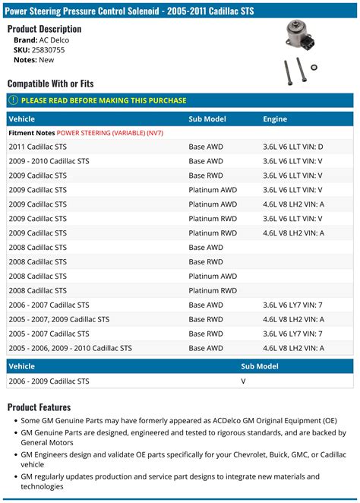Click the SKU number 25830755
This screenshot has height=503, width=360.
pyautogui.click(x=48, y=49)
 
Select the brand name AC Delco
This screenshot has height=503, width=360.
pyautogui.click(x=58, y=40)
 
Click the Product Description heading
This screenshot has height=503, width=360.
pyautogui.click(x=44, y=29)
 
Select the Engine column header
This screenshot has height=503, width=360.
pyautogui.click(x=275, y=119)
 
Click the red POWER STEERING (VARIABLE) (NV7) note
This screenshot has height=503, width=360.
pyautogui.click(x=110, y=133)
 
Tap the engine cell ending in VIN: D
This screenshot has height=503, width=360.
pyautogui.click(x=292, y=147)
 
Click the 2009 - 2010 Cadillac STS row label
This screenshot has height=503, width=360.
pyautogui.click(x=48, y=161)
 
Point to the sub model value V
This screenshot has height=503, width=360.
pyautogui.click(x=243, y=381)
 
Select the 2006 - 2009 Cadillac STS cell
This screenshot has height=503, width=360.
pyautogui.click(x=48, y=381)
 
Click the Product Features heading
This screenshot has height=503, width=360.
pyautogui.click(x=39, y=407)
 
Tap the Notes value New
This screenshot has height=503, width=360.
pyautogui.click(x=46, y=59)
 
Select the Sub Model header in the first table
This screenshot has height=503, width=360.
pyautogui.click(x=207, y=119)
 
